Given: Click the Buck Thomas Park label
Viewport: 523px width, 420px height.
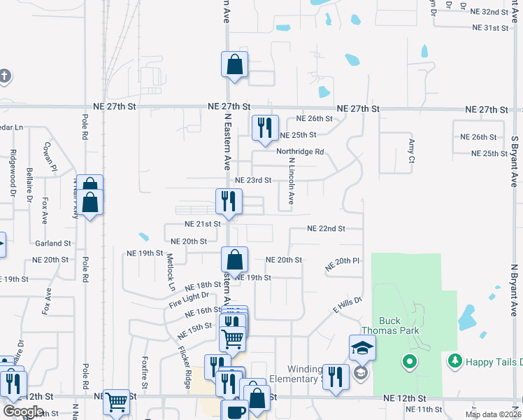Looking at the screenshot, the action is point(381,326).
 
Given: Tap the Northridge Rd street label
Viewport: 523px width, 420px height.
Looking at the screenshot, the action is point(300,152).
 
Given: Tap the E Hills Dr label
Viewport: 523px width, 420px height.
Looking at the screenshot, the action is point(348,305).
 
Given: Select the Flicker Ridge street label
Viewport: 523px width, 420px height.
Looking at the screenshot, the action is point(185,367).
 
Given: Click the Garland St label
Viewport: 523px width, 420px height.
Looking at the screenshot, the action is point(53,244).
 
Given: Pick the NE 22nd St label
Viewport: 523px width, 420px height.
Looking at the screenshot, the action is point(326,229).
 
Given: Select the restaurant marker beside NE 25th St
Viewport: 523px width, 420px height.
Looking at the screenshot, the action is point(264,127).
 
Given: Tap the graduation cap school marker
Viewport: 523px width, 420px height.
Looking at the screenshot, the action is point(362,347).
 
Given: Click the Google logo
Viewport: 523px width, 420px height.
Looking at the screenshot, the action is point(24,412).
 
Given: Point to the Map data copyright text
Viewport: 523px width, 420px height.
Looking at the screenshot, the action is point(492,414).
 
